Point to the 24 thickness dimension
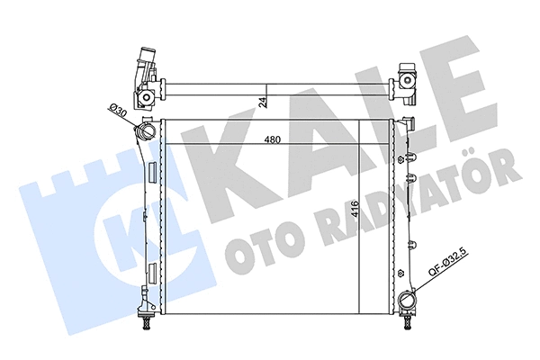(x=263, y=103)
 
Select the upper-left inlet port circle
(x=144, y=134)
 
